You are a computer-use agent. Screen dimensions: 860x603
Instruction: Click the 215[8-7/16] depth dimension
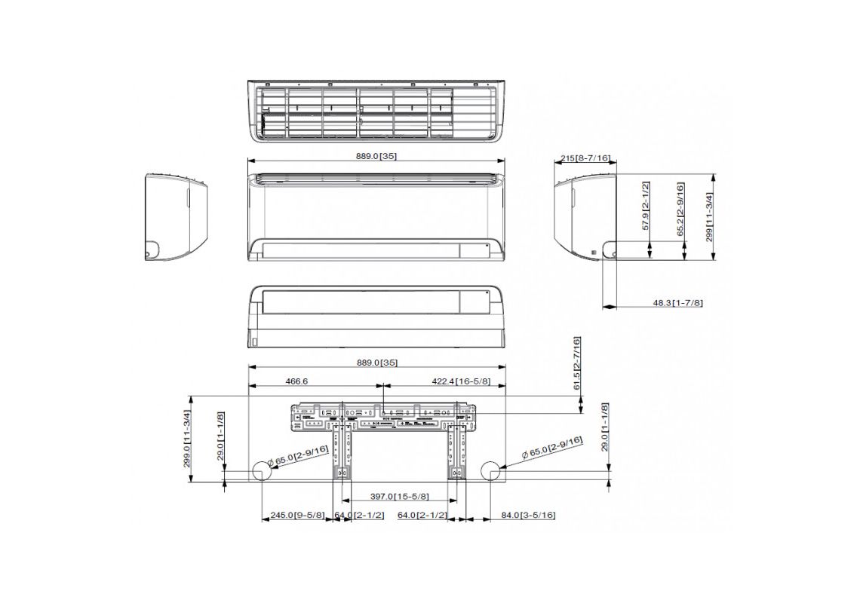(585, 158)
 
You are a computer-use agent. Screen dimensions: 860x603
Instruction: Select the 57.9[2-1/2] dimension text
(646, 206)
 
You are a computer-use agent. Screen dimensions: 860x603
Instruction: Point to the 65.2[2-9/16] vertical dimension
(680, 210)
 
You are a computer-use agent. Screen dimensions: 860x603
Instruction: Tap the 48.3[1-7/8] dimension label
(677, 302)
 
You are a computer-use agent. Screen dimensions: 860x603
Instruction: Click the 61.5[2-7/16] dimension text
(576, 363)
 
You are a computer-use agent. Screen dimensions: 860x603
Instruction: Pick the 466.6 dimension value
(297, 381)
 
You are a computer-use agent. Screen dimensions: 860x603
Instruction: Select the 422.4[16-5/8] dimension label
(462, 381)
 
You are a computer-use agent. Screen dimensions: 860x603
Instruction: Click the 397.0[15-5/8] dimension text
(399, 497)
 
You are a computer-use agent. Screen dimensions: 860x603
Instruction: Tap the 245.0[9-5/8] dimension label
(298, 516)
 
